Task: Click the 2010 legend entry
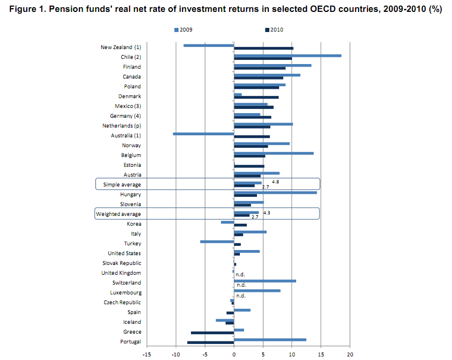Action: pyautogui.click(x=274, y=30)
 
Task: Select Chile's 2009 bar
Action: pyautogui.click(x=287, y=55)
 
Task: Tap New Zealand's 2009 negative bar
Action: pyautogui.click(x=209, y=45)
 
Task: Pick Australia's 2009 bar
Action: pyautogui.click(x=204, y=134)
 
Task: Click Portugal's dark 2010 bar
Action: pyautogui.click(x=211, y=342)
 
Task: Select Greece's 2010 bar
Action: pyautogui.click(x=213, y=333)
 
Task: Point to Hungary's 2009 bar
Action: pyautogui.click(x=275, y=193)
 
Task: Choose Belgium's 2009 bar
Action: pyautogui.click(x=273, y=153)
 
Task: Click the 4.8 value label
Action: pyautogui.click(x=276, y=182)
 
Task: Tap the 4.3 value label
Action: pyautogui.click(x=267, y=212)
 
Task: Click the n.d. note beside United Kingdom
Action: pyautogui.click(x=240, y=275)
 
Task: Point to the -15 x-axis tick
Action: pyautogui.click(x=147, y=354)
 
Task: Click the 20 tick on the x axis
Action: pyautogui.click(x=350, y=354)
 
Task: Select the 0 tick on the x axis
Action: pyautogui.click(x=234, y=354)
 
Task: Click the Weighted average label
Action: pyautogui.click(x=119, y=214)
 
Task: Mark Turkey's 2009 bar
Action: pyautogui.click(x=217, y=241)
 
